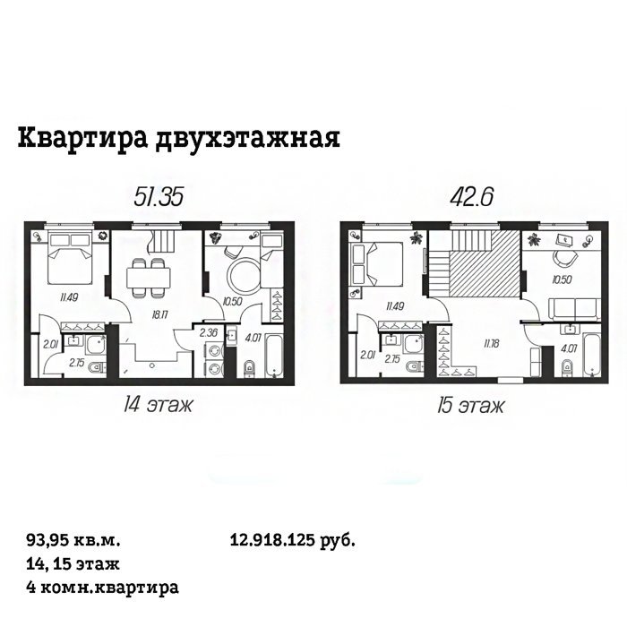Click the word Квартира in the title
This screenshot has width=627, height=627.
coord(82,138)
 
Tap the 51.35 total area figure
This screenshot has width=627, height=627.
coord(159,197)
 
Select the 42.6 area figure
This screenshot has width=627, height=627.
coord(471,197)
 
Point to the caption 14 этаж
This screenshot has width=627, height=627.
coord(158,406)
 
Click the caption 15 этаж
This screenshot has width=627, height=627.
coord(470,407)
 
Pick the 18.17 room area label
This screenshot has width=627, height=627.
coord(159,314)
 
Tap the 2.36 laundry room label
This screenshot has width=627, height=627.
coord(208,332)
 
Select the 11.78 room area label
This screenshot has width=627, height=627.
coord(491,343)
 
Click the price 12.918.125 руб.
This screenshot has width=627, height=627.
coord(293,541)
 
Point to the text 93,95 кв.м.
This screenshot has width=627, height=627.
coord(73,541)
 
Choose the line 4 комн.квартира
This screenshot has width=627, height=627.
coord(102,588)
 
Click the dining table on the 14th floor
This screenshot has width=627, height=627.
coord(149,277)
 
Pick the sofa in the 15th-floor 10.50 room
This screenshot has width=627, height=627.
coord(574,309)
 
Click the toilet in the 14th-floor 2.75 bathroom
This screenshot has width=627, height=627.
coord(97,367)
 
